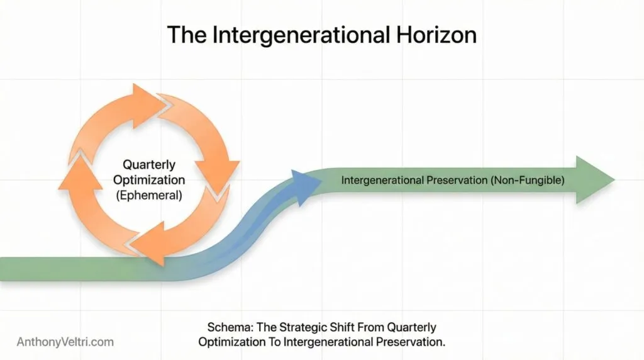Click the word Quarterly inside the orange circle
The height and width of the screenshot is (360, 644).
coord(149,166)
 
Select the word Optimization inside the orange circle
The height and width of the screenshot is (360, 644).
coord(149,180)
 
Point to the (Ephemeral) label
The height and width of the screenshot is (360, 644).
coord(149,195)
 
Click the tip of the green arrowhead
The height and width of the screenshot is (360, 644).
coord(613,180)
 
